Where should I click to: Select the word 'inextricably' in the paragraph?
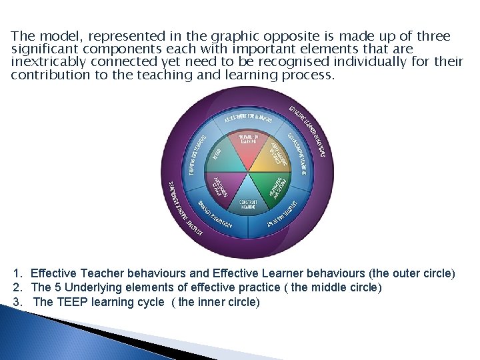pyautogui.click(x=47, y=62)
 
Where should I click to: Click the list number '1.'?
pyautogui.click(x=18, y=273)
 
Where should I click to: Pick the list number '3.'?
pyautogui.click(x=18, y=302)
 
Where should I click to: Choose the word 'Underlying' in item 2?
pyautogui.click(x=87, y=287)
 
